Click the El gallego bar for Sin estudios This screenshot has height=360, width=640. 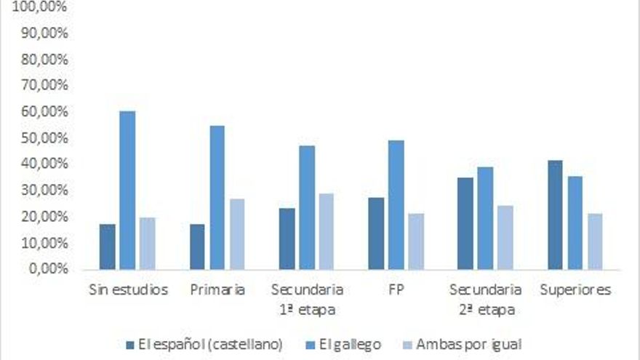(128, 190)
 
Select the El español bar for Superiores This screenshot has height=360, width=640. (556, 215)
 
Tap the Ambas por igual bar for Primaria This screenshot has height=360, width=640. (237, 233)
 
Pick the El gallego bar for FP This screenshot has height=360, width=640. (396, 204)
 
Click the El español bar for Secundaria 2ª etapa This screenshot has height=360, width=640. (466, 223)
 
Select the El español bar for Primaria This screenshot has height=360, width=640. (197, 247)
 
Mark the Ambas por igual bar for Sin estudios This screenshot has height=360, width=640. (148, 243)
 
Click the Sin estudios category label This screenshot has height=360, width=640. (128, 290)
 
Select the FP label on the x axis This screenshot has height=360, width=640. (396, 290)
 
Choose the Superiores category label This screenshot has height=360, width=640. (575, 290)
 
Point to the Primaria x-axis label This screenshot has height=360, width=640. (217, 290)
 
